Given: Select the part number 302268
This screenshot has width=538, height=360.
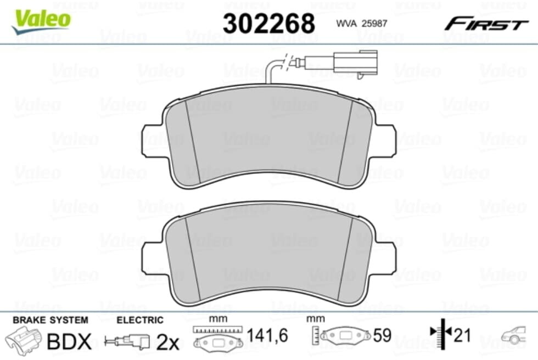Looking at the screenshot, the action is point(268,23).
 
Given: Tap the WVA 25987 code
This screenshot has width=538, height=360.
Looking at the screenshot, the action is point(362,23).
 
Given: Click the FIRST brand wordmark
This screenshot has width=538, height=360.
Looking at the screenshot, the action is point(486,24).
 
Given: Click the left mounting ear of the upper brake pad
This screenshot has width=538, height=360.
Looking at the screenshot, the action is point(152,141).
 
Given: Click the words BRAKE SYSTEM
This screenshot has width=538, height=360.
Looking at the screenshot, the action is point(51,320).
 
